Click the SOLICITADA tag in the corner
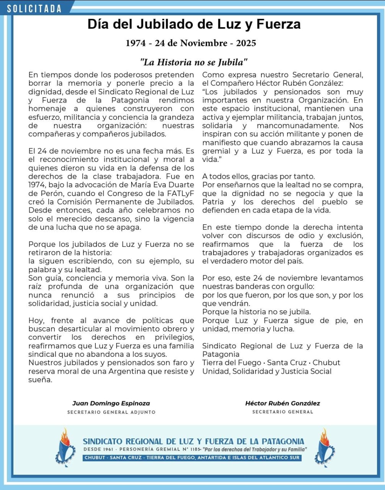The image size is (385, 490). coord(34,8)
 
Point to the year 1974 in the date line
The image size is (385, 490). coord(136,43)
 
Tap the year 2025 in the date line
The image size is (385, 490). coord(246,43)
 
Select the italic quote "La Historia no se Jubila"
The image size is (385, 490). coord(194,62)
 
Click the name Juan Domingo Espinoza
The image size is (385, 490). coord(111,403)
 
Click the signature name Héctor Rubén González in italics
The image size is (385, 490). coord(282,403)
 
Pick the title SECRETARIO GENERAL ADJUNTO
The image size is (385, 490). coord(111,412)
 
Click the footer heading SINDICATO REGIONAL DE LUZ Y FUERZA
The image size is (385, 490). coord(193,441)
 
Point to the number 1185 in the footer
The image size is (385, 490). coord(192,449)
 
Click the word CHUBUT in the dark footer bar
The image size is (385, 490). coord(95,457)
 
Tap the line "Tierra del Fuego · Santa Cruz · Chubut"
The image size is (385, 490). coord(271,363)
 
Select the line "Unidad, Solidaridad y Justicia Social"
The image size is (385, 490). coord(267,371)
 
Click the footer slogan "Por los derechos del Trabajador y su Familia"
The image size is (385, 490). coord(255,449)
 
